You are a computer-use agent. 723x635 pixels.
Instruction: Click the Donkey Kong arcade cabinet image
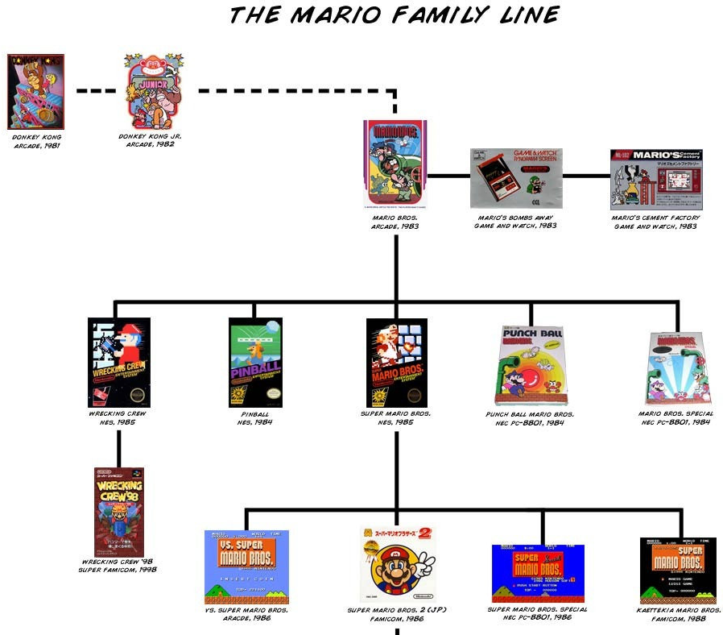[35, 91]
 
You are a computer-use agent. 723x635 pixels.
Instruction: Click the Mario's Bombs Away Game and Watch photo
[516, 178]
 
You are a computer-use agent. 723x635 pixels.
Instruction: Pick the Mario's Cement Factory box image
[655, 178]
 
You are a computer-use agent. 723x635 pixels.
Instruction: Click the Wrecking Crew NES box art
[119, 362]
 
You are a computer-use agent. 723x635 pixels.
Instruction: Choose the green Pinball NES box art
[255, 362]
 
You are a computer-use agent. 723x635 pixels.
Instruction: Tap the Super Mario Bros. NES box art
[396, 362]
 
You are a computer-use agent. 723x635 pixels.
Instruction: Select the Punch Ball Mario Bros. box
[532, 364]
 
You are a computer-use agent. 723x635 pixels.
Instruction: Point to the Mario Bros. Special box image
[678, 367]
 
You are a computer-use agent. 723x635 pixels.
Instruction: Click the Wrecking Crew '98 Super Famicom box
[119, 511]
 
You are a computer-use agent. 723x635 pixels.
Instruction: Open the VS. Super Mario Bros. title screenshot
[246, 567]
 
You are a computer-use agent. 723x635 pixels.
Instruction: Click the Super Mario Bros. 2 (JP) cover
[397, 565]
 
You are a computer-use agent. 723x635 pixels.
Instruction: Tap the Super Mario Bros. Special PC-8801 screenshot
[538, 573]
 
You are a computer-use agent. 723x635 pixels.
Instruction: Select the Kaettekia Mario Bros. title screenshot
[678, 570]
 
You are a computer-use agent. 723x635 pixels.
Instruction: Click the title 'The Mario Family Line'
[395, 15]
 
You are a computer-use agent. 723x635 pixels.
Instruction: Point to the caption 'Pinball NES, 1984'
[254, 417]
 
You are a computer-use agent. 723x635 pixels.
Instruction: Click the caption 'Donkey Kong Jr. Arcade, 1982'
[150, 140]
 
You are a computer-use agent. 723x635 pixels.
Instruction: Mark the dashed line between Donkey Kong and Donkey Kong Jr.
[96, 91]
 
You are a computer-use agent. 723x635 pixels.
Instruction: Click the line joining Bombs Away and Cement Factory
[586, 175]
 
